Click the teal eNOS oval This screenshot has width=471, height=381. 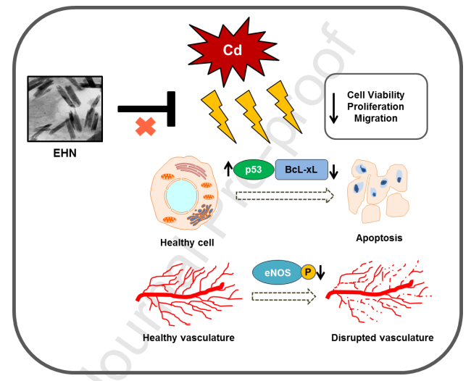pyautogui.click(x=275, y=272)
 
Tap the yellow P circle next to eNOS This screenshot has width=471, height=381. pyautogui.click(x=307, y=272)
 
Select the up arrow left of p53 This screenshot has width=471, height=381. pyautogui.click(x=228, y=170)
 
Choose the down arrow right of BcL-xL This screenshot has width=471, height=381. pyautogui.click(x=333, y=171)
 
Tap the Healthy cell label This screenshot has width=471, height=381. pyautogui.click(x=187, y=243)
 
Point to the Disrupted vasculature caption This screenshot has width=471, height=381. pyautogui.click(x=382, y=338)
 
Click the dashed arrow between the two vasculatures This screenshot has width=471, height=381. pyautogui.click(x=283, y=296)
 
